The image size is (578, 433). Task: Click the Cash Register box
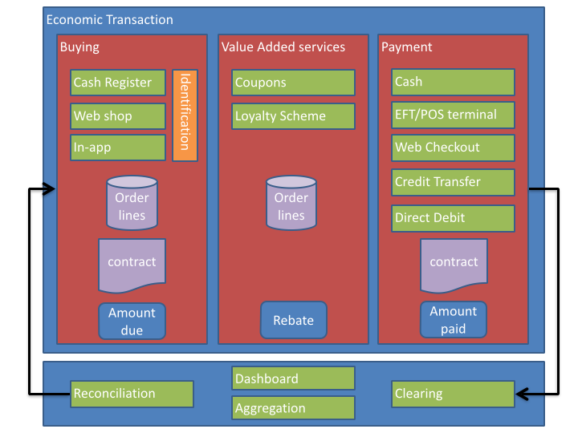118,83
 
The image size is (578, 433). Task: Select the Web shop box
118,116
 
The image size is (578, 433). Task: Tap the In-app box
118,148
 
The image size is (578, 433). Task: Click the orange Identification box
185,115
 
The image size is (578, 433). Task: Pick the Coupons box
294,83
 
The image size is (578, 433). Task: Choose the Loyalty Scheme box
294,116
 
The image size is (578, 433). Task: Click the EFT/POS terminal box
454,115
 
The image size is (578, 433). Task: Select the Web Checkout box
454,148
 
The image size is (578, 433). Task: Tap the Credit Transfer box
454,182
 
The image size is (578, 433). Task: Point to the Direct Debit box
454,217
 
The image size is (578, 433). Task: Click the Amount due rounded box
132,321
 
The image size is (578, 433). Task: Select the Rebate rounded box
293,320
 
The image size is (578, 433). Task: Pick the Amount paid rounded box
454,319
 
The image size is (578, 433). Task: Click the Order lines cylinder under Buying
132,203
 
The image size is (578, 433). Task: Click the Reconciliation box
132,394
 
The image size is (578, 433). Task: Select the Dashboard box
294,378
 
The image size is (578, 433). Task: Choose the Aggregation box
294,408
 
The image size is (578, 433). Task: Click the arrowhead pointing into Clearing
521,394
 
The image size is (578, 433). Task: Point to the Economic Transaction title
109,20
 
